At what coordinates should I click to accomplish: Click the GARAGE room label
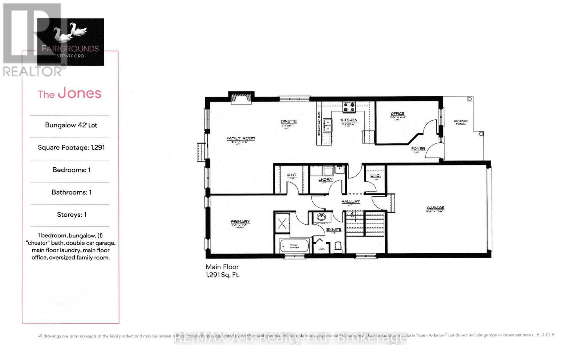click(435, 208)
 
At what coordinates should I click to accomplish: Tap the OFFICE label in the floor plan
click(397, 114)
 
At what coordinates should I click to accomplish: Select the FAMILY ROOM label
click(240, 138)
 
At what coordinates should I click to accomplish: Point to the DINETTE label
click(288, 122)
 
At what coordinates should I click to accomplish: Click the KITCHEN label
click(349, 120)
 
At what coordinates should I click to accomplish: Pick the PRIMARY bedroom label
click(240, 222)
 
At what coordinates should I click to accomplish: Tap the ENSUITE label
click(334, 229)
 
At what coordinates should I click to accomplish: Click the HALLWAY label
click(350, 201)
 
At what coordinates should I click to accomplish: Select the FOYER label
click(418, 149)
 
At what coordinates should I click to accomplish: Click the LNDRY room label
click(325, 180)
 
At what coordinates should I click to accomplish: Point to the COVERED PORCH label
click(460, 122)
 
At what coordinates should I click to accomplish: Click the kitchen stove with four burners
click(349, 107)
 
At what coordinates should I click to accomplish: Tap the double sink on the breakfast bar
click(328, 126)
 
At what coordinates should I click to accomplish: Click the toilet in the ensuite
click(338, 247)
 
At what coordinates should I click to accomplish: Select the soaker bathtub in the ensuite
click(294, 246)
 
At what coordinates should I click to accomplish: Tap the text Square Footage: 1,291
click(71, 147)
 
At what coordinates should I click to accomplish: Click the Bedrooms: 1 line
click(71, 170)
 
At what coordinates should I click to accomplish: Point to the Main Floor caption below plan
click(222, 267)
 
